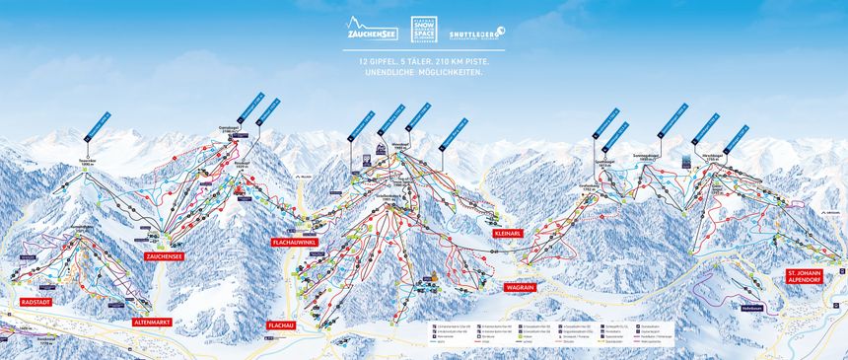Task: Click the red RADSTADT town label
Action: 35,302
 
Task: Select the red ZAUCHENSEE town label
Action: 165,255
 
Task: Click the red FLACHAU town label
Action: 281,324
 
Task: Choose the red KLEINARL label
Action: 507,233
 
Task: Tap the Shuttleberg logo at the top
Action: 476,34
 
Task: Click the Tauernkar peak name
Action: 86,160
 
